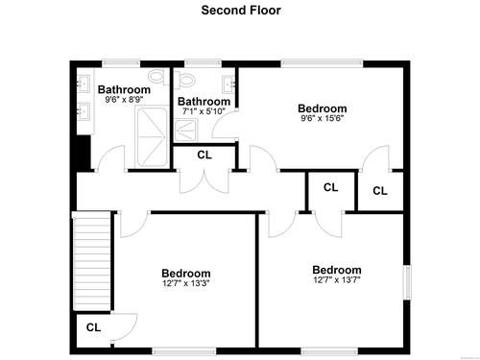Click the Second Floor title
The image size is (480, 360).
(241, 11)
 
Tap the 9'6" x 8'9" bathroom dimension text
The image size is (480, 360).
(124, 99)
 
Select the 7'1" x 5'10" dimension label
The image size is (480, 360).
(204, 111)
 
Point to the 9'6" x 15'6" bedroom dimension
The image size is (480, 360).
(322, 118)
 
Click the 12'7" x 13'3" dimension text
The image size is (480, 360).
(186, 283)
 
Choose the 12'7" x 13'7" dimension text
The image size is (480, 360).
(337, 280)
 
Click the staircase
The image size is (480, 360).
(92, 261)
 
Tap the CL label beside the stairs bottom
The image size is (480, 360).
(93, 327)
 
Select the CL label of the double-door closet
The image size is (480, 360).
(204, 155)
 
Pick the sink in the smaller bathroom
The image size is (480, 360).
(228, 84)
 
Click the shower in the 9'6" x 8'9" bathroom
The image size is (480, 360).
(152, 137)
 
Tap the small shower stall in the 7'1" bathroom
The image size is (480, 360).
(186, 130)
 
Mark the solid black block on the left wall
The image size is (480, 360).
(84, 153)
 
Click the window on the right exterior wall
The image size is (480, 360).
(407, 282)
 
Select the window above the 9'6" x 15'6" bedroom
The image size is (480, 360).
(323, 63)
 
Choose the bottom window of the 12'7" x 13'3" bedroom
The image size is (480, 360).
(184, 351)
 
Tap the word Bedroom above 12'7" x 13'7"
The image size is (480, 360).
(337, 270)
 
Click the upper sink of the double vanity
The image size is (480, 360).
(84, 84)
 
